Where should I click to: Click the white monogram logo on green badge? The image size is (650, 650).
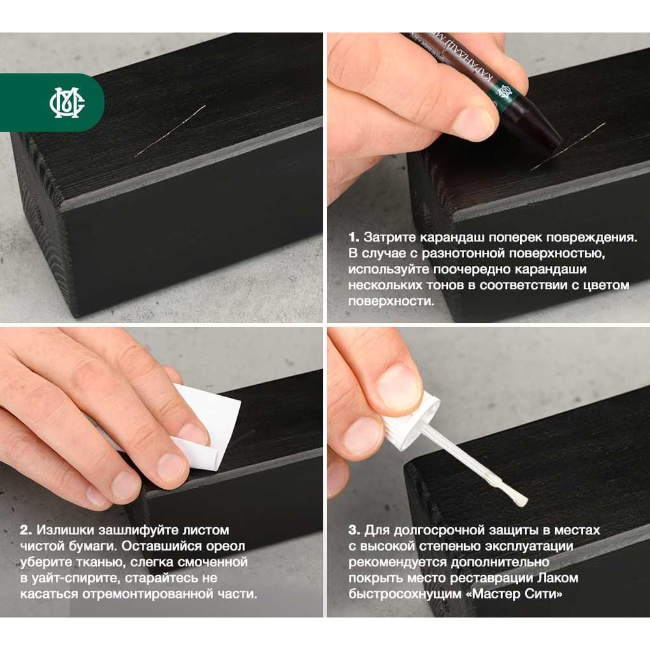67,103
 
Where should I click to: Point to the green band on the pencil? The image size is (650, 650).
502,94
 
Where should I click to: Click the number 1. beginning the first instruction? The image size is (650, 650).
353,237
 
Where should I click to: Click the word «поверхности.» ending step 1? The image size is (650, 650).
391,302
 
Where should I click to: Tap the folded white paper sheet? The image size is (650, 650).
207,428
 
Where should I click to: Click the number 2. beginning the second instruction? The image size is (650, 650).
26,530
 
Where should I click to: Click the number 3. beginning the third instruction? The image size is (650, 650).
354,530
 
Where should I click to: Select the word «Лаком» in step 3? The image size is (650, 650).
558,578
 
